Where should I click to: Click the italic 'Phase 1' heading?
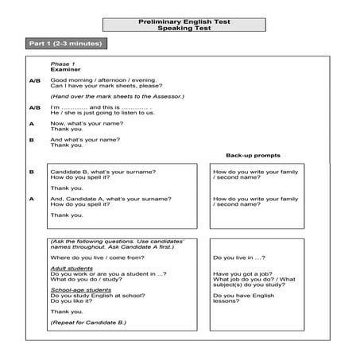coord(61,63)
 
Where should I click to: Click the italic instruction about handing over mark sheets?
coord(116,96)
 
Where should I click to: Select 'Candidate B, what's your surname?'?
coord(103,172)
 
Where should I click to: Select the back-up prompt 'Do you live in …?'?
coord(239,257)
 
